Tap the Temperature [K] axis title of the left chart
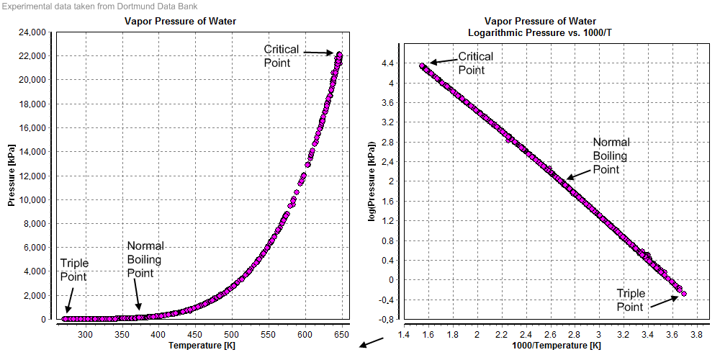202,346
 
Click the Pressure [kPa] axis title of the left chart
12,174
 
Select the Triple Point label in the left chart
73,270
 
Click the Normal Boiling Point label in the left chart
145,259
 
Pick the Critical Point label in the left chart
277,56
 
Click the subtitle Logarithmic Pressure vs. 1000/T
540,32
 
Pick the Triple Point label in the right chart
631,300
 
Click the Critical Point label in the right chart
475,63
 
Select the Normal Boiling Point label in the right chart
611,156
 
